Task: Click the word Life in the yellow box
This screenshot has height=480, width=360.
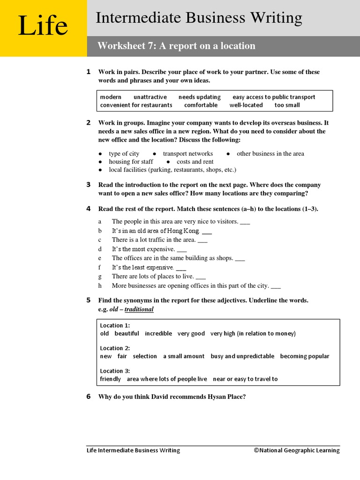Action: (x=43, y=26)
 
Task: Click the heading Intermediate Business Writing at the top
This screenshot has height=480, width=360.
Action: (x=199, y=18)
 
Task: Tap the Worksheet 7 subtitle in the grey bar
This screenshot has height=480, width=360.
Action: (x=176, y=46)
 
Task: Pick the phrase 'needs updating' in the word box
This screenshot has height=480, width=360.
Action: (x=199, y=97)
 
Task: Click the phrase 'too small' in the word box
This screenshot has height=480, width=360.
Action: (x=287, y=105)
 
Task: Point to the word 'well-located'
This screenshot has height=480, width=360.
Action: (x=246, y=105)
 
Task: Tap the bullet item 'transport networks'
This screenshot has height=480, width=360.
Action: (x=187, y=154)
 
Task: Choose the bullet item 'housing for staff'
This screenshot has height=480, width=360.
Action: (x=131, y=162)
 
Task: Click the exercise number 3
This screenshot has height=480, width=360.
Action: (x=88, y=185)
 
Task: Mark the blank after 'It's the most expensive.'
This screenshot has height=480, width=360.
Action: (x=182, y=249)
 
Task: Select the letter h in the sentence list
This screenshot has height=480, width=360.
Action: (x=100, y=285)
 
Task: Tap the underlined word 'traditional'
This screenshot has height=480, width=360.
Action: (x=139, y=309)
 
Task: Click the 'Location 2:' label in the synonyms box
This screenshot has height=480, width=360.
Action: (x=115, y=348)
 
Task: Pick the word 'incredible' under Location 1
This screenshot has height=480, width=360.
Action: (x=158, y=333)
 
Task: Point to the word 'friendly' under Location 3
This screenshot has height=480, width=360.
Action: (x=111, y=379)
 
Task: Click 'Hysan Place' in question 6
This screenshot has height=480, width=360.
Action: (x=226, y=397)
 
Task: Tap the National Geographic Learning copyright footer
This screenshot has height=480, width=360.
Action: (x=297, y=450)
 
